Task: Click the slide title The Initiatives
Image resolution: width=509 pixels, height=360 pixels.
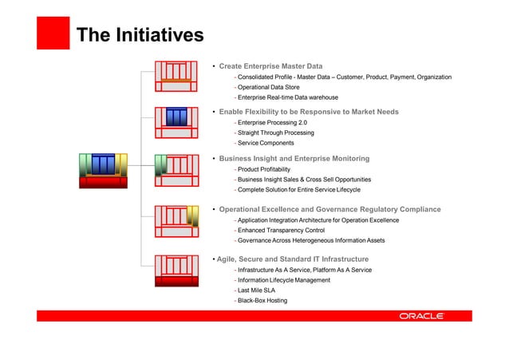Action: pos(140,34)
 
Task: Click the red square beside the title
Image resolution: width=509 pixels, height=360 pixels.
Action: pos(53,33)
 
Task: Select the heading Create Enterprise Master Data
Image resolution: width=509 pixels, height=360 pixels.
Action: pos(270,65)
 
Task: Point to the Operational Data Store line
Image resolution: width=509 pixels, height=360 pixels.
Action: pos(266,87)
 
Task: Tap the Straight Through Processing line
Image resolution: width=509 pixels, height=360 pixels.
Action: pos(274,133)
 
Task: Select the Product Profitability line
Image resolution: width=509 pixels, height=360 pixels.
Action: pos(262,169)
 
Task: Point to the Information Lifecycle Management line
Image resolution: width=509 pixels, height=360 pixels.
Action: pos(282,280)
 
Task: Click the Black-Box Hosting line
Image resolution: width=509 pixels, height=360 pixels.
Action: pos(260,301)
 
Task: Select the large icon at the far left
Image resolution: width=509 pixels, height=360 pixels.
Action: pos(104,169)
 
